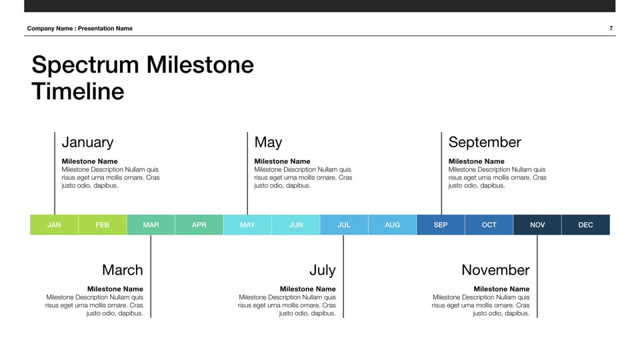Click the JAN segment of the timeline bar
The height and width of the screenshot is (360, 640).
54,225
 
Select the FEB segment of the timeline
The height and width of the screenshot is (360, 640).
103,225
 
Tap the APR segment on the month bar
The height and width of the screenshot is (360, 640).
199,225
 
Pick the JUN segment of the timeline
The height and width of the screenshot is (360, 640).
296,225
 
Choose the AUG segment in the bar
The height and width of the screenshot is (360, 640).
392,225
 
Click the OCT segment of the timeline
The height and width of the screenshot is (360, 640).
489,225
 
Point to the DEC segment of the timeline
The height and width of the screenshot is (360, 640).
586,225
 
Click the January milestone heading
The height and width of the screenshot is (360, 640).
87,143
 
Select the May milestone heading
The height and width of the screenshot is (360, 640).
268,143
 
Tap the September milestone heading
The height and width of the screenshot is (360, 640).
485,143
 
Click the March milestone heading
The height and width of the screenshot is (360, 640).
123,270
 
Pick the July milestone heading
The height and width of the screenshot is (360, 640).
323,271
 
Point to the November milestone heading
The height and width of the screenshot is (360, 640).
495,270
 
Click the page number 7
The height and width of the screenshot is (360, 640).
611,29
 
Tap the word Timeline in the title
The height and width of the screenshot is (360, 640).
78,91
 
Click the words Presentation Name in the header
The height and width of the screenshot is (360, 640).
105,29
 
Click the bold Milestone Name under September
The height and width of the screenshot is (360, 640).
476,161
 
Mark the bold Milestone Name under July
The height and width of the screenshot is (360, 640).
308,289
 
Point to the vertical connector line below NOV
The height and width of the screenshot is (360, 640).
537,276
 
